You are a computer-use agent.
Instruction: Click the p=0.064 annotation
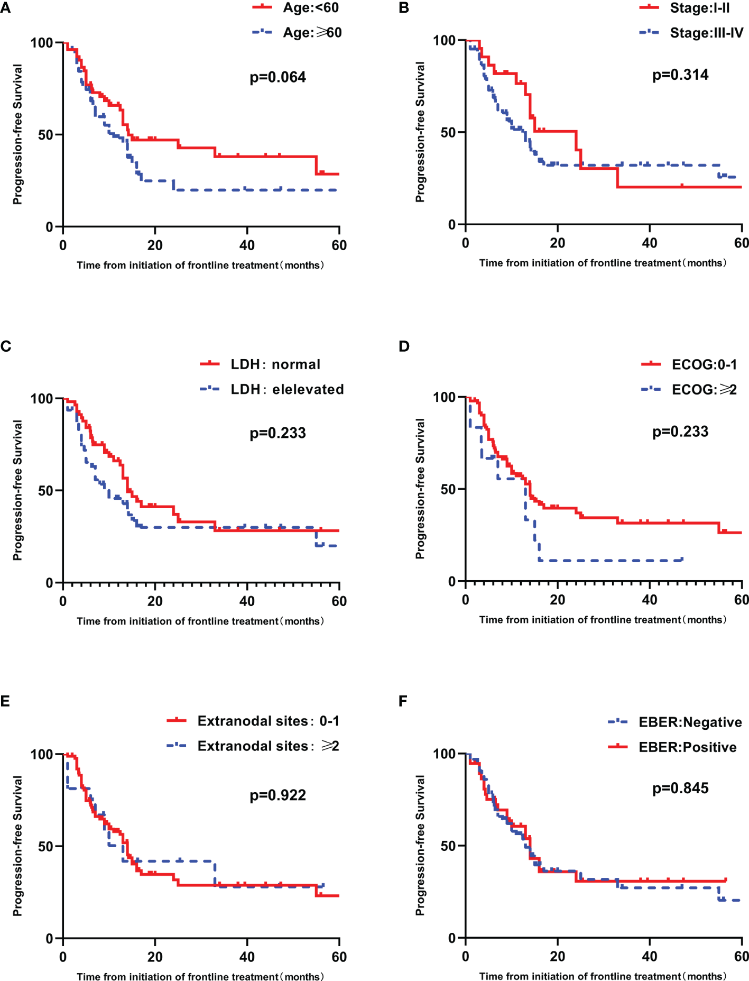(x=278, y=78)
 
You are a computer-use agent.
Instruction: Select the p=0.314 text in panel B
(x=680, y=75)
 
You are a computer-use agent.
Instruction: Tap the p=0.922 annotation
(x=278, y=795)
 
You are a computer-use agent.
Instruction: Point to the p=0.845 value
(x=680, y=789)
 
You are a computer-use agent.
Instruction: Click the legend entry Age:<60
(x=310, y=8)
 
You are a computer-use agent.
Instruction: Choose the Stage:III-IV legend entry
(x=706, y=33)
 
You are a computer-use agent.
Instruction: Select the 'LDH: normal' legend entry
(x=275, y=364)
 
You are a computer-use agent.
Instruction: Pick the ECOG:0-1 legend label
(x=704, y=365)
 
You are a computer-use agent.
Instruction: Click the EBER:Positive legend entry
(x=687, y=747)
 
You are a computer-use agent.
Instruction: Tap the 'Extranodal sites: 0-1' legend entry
(x=268, y=721)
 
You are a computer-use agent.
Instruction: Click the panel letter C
(x=6, y=346)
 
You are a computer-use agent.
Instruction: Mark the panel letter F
(x=403, y=701)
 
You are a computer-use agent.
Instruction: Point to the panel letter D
(x=404, y=346)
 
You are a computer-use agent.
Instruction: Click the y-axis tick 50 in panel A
(x=45, y=135)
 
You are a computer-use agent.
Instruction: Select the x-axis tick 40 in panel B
(x=649, y=243)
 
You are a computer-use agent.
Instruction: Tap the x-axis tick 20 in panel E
(x=155, y=957)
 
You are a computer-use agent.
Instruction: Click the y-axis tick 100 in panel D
(x=444, y=397)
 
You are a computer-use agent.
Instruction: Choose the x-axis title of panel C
(x=200, y=621)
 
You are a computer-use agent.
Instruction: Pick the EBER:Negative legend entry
(x=690, y=722)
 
